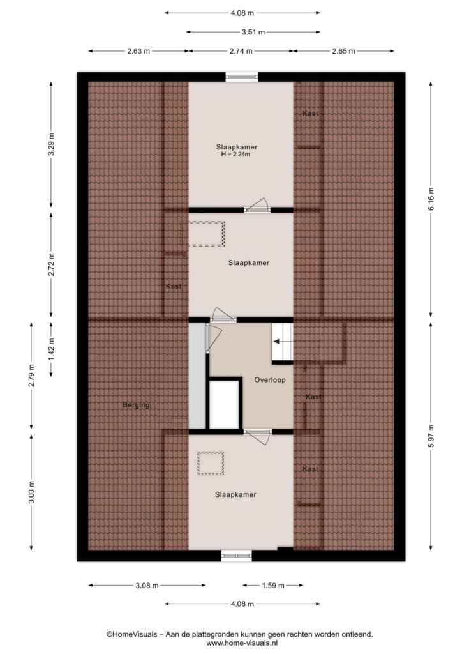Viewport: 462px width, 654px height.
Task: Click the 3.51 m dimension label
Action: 253,32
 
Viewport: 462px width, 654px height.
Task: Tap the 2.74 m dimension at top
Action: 241,51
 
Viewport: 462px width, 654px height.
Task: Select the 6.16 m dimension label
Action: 431,199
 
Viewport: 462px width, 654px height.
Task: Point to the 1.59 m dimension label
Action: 273,586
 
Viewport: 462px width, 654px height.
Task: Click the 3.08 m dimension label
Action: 147,586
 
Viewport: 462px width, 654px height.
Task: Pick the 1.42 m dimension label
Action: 51,350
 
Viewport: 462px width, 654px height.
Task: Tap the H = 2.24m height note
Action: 235,155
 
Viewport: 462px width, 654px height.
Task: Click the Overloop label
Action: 270,380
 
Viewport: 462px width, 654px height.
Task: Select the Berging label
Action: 136,404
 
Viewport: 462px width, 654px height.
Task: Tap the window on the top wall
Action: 242,77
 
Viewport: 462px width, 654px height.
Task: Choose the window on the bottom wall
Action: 237,556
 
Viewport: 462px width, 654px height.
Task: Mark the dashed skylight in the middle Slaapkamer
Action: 207,234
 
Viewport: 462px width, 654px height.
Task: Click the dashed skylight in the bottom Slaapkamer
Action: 211,464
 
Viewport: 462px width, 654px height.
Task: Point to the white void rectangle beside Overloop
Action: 224,404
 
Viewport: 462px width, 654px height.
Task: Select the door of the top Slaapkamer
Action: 257,205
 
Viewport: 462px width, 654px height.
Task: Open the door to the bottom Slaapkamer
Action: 257,437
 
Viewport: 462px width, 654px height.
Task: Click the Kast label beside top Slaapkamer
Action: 310,114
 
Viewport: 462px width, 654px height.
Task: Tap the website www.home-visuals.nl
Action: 242,643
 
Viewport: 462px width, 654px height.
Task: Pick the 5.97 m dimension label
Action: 431,436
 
